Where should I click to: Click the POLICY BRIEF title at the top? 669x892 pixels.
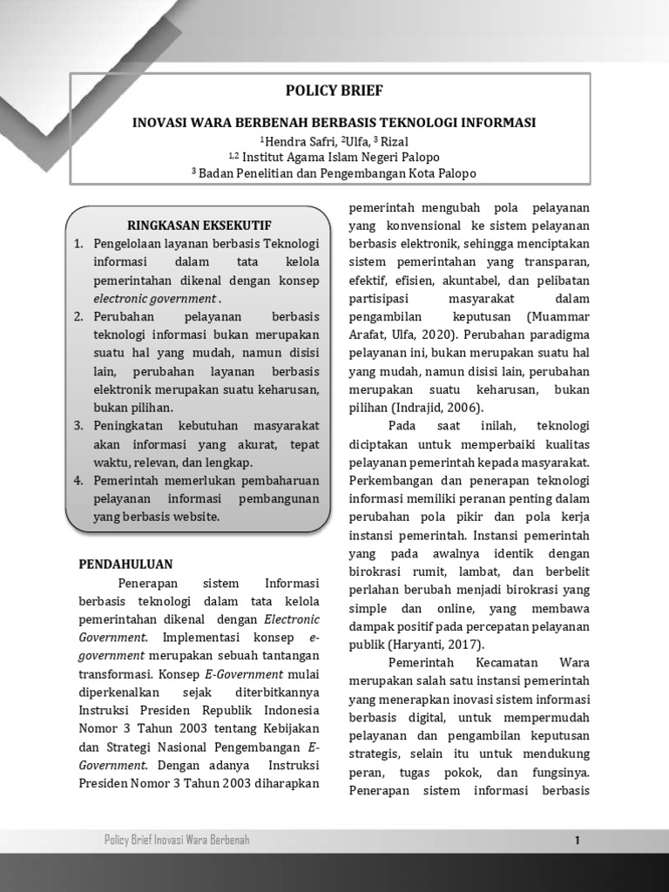(x=334, y=91)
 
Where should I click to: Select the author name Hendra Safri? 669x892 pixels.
(x=298, y=141)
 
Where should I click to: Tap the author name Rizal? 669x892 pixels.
(x=394, y=141)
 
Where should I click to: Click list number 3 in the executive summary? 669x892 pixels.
(x=78, y=425)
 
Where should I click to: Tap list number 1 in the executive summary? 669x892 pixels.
(x=78, y=242)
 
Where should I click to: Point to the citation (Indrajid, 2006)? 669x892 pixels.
(x=439, y=407)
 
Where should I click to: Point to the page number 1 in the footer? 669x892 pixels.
(x=577, y=841)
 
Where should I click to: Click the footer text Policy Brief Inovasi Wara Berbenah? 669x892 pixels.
(x=177, y=841)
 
